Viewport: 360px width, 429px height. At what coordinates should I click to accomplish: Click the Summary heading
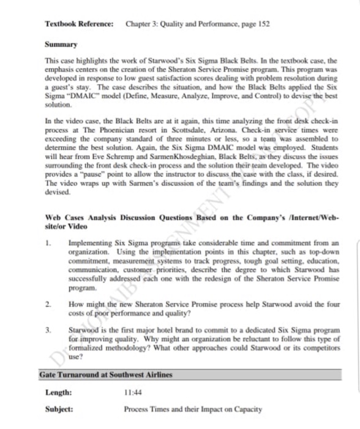(61, 45)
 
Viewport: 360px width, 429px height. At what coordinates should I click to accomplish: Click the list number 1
(48, 243)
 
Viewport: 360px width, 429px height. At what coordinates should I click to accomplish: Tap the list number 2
(48, 303)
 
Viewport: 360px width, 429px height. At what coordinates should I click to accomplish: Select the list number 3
(48, 329)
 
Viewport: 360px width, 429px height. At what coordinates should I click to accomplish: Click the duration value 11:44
(133, 392)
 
